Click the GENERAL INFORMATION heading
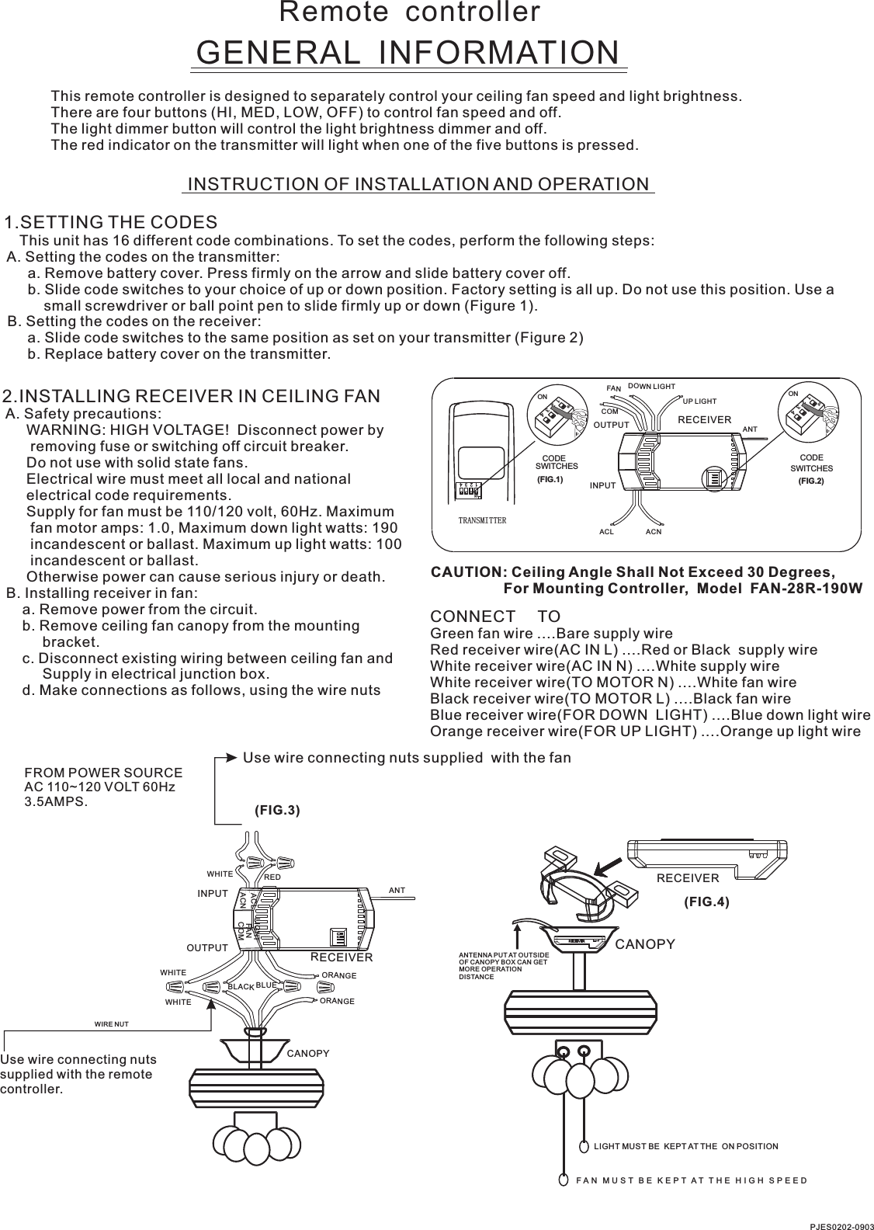tap(409, 52)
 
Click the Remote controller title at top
tap(409, 12)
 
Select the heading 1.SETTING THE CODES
tap(111, 221)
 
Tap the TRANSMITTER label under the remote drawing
tap(482, 519)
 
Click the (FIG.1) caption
tap(550, 480)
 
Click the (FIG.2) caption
tap(811, 481)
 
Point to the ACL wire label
tap(606, 532)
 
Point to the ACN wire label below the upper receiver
tap(654, 532)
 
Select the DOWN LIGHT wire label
tap(651, 386)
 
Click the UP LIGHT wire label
tap(699, 401)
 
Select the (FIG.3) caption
tap(277, 810)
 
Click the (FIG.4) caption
tap(706, 902)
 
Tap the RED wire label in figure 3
tap(272, 877)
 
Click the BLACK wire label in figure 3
tap(241, 986)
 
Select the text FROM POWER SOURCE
tap(104, 773)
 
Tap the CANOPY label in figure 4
tap(645, 944)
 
